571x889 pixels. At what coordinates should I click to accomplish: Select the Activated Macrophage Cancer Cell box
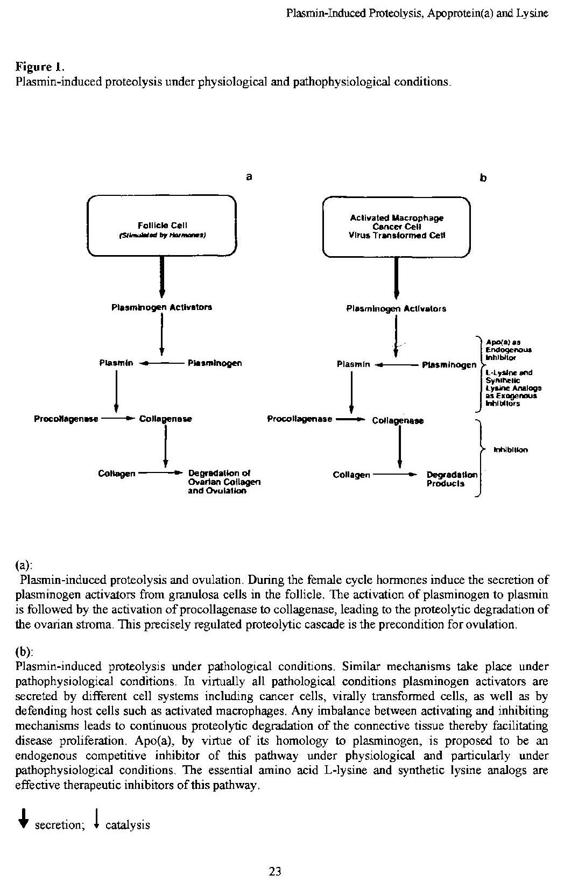click(396, 227)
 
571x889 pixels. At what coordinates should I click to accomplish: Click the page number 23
click(275, 871)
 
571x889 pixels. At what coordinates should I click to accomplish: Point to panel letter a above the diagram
click(249, 176)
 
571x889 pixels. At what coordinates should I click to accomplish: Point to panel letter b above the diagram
click(483, 177)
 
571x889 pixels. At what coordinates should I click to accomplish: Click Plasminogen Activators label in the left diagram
click(161, 307)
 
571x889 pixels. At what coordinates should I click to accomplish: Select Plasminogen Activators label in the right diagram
click(396, 309)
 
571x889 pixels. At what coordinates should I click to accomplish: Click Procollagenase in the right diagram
click(300, 419)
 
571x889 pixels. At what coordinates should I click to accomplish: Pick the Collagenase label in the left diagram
click(166, 419)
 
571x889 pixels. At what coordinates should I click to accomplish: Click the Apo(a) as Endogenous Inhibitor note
click(502, 349)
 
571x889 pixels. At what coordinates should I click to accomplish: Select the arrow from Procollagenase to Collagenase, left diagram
click(118, 418)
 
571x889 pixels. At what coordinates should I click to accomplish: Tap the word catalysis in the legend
click(128, 824)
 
